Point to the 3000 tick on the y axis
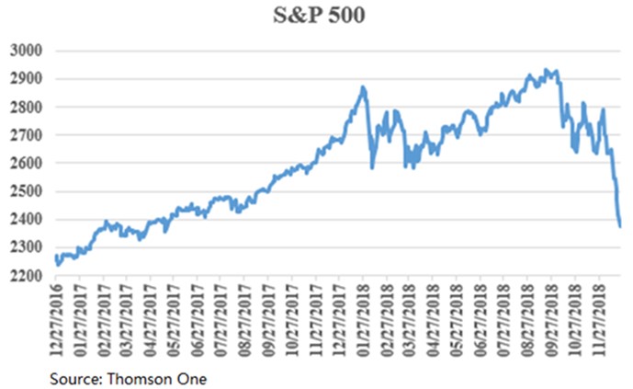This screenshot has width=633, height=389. [x=27, y=51]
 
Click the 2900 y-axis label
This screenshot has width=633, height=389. [x=27, y=79]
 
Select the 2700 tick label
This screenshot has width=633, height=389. [x=27, y=135]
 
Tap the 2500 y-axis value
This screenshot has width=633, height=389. [x=27, y=191]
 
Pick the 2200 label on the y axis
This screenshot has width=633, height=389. [x=27, y=275]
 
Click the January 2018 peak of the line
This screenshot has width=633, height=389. [x=363, y=87]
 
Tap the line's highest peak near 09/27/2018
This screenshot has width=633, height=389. [x=548, y=69]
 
